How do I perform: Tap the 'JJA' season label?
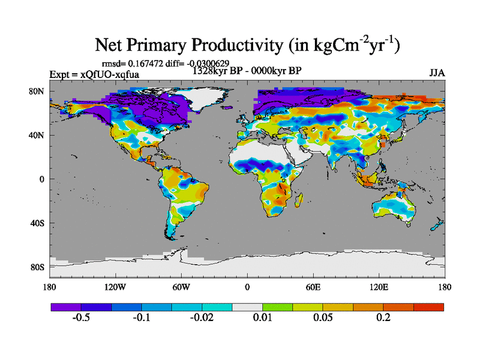click(437, 73)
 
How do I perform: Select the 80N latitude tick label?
click(37, 91)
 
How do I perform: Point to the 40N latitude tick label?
click(37, 135)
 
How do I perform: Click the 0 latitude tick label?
click(42, 179)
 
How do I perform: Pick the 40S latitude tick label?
click(37, 223)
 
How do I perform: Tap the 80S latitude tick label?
click(37, 266)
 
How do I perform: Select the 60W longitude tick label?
click(181, 286)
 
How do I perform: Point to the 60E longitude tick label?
click(313, 286)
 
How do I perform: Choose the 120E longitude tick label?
click(378, 286)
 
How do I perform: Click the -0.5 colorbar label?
click(81, 317)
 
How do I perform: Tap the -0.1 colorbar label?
click(142, 317)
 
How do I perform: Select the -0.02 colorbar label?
click(202, 317)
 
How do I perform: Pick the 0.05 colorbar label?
click(323, 317)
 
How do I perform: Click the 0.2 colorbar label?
click(383, 317)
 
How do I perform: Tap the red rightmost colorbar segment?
click(429, 307)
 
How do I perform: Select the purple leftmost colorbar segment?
click(66, 307)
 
